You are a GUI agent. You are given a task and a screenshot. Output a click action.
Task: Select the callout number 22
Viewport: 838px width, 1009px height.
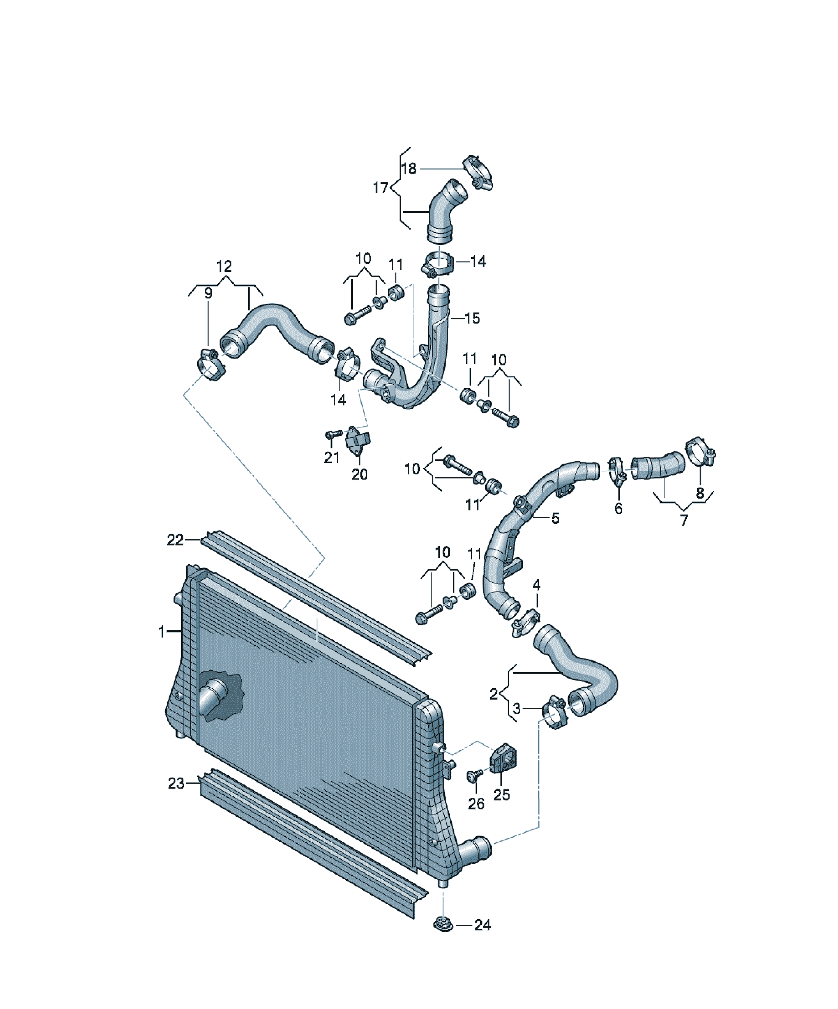(x=175, y=540)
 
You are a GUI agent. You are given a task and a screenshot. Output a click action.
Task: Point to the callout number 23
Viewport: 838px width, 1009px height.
(x=176, y=783)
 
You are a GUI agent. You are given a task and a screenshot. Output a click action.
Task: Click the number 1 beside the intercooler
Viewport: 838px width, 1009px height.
(x=161, y=631)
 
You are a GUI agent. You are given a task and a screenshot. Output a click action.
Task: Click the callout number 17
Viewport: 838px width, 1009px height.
(x=380, y=187)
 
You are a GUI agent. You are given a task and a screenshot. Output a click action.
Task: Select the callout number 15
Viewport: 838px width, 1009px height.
(x=472, y=318)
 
